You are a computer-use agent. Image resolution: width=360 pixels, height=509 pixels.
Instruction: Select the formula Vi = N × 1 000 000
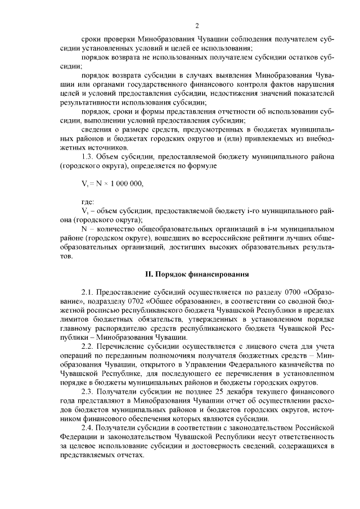pos(112,183)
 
